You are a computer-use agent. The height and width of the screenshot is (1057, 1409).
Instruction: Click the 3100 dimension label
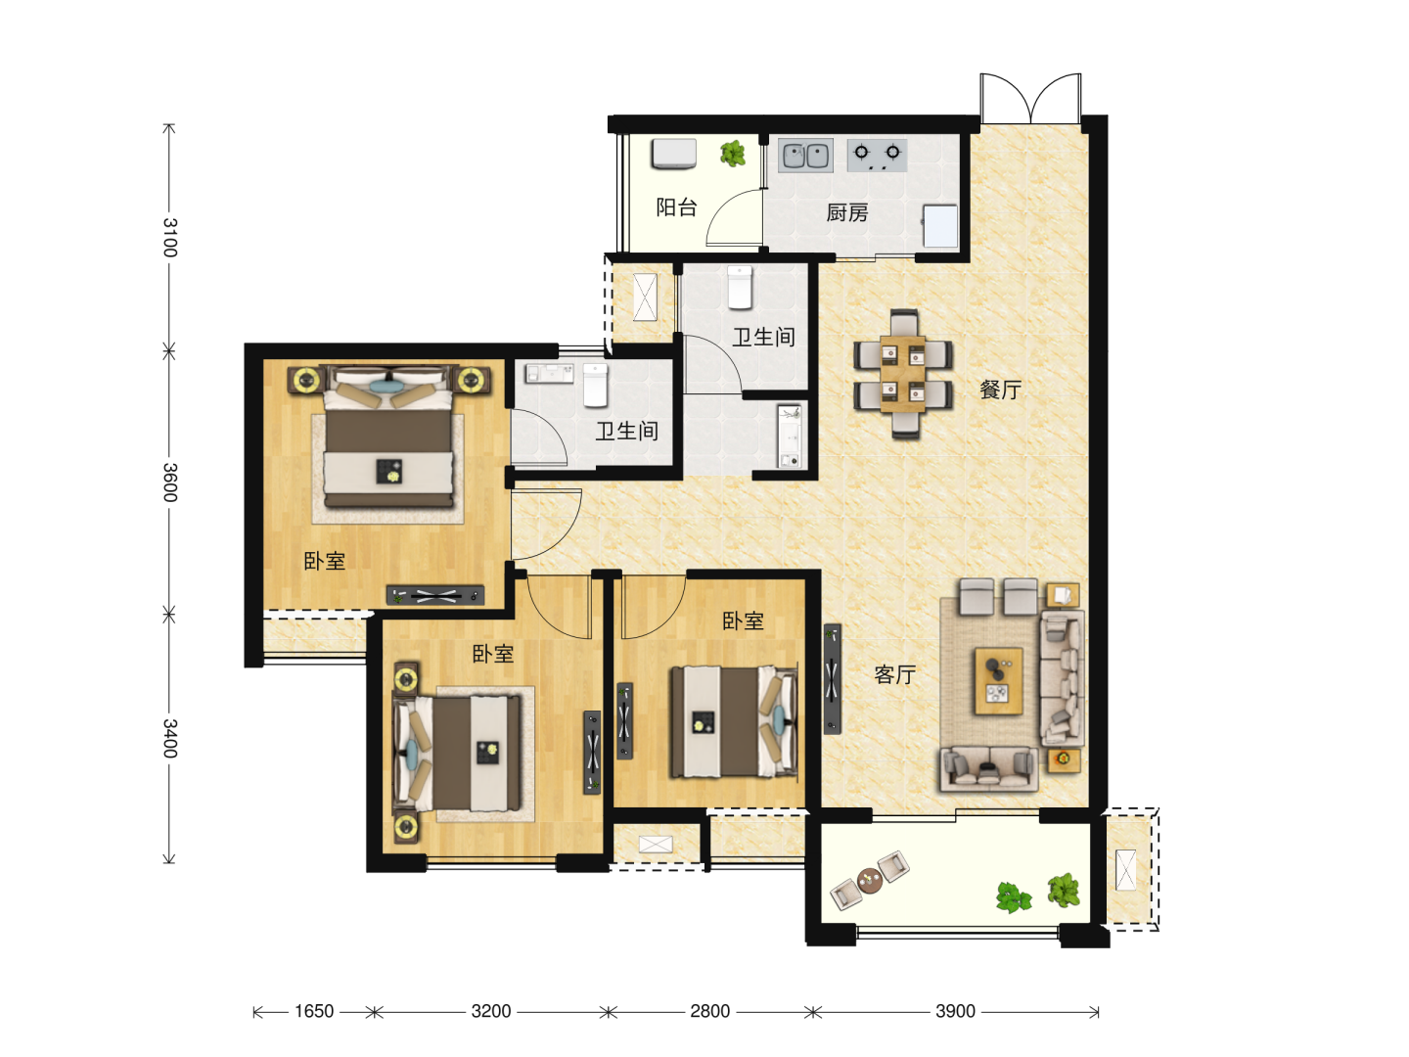pos(169,238)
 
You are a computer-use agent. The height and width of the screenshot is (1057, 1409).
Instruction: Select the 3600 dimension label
pos(169,483)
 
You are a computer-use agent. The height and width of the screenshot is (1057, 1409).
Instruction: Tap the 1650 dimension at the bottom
pos(314,1011)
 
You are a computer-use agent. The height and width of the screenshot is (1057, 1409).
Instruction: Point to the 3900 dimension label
pos(955,1011)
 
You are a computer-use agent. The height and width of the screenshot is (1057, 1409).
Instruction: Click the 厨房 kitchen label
pos(846,212)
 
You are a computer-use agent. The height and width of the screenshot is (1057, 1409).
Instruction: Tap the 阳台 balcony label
pos(676,207)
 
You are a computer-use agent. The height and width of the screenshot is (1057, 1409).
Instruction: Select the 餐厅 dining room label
pos(1000,390)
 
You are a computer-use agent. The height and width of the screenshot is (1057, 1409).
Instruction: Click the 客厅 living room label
pos(895,674)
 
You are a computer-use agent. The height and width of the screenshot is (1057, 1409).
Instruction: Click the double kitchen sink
pos(805,156)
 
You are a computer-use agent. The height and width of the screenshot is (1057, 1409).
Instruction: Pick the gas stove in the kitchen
pos(877,156)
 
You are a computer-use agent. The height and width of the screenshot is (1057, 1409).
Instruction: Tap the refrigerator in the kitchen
pos(940,226)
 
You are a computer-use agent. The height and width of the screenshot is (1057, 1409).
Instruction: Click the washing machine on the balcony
pos(674,154)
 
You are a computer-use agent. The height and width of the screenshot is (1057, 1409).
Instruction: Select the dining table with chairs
pos(902,374)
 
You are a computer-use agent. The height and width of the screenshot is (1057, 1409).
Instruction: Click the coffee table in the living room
pos(998,681)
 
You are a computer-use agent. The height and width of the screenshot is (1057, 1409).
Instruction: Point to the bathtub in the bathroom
pos(789,436)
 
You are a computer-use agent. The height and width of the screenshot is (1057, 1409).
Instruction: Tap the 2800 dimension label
pos(710,1011)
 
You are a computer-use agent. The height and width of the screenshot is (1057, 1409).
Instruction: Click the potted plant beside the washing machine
pos(733,154)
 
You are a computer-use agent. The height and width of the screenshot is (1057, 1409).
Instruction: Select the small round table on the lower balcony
pos(871,880)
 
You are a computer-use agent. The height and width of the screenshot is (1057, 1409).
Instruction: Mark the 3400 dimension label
pos(169,738)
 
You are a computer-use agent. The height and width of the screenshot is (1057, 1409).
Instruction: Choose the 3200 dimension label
pos(491,1011)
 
